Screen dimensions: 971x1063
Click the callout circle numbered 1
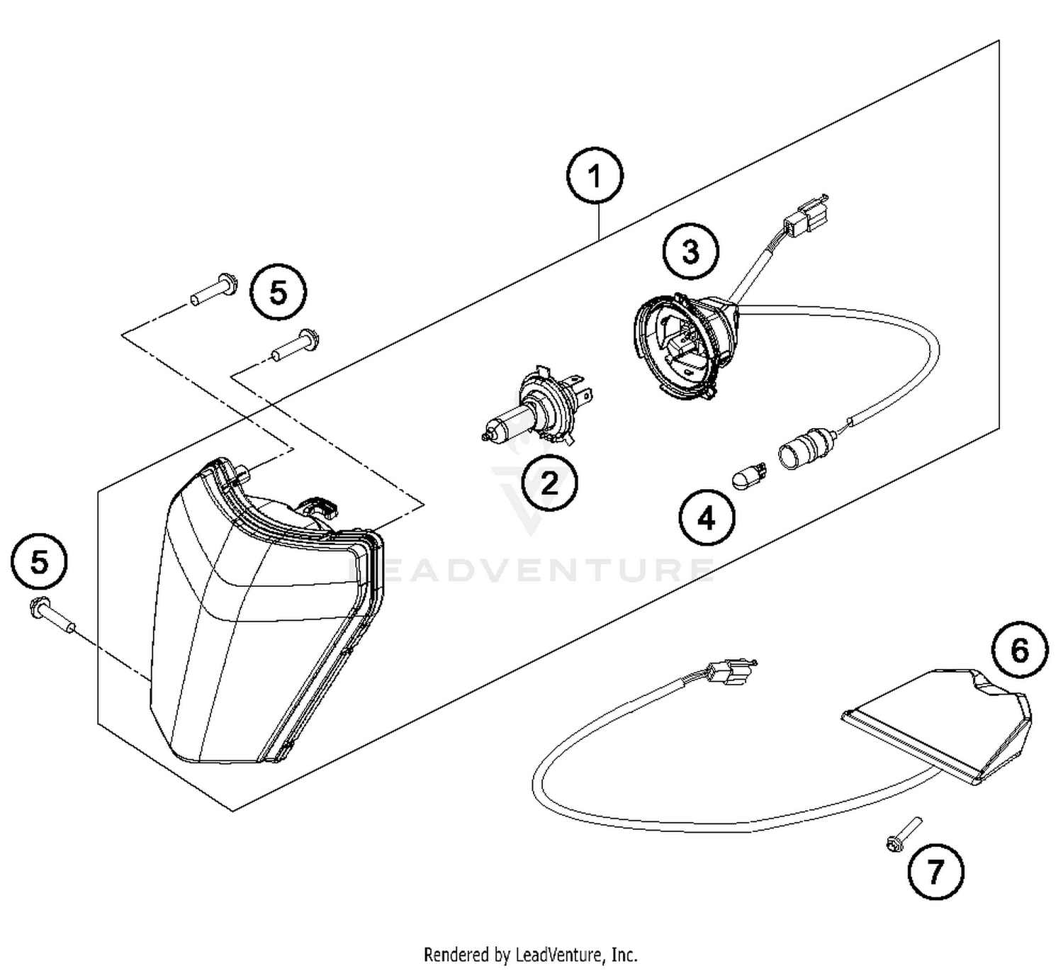pos(595,176)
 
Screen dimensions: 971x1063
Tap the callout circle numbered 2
pos(549,483)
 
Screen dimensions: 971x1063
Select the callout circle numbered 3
pos(690,252)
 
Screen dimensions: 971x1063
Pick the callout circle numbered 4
pos(707,519)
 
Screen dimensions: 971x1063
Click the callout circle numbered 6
pos(1019,650)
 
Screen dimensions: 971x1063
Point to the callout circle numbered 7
pos(935,872)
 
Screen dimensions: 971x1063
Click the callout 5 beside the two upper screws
pos(279,291)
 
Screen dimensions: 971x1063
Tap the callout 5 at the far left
pos(40,562)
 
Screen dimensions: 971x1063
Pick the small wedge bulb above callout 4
pos(750,476)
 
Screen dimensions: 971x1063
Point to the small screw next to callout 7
pos(904,834)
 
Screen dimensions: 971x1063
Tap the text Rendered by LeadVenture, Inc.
pos(530,954)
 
